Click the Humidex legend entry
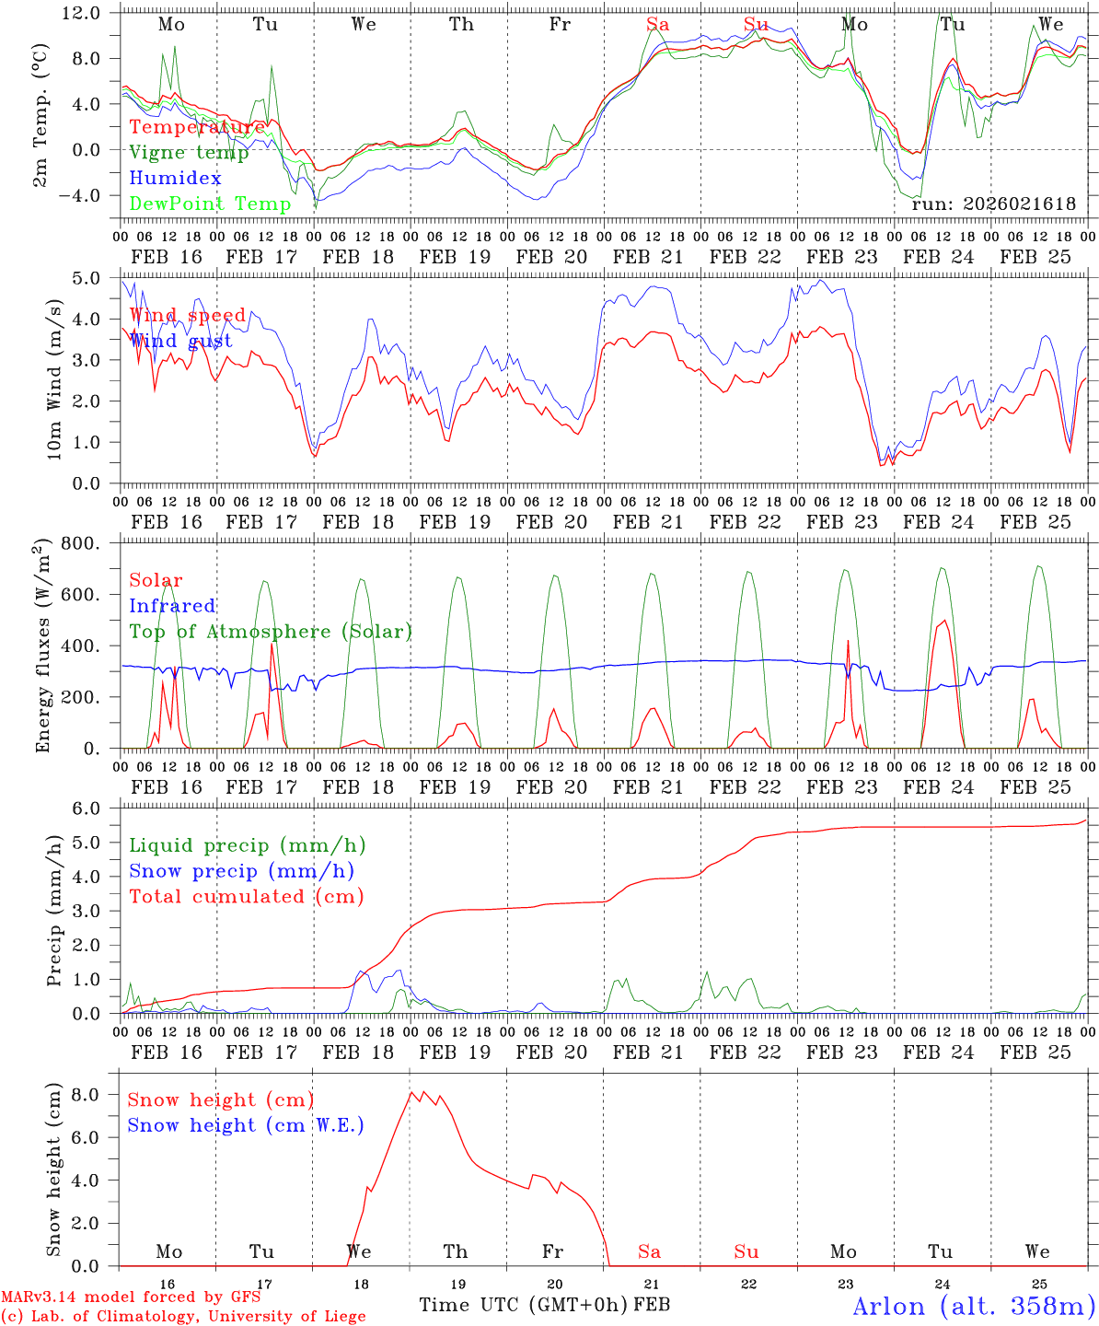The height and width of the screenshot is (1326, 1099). (x=175, y=179)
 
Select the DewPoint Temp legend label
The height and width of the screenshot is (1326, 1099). (x=210, y=204)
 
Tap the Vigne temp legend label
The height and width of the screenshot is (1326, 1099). (x=189, y=153)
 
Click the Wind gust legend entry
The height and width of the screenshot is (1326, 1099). (x=180, y=341)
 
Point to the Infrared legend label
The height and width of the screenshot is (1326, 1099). (x=172, y=606)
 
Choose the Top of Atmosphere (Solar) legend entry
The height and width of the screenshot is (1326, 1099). (x=271, y=632)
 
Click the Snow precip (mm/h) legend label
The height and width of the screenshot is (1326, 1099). (x=241, y=871)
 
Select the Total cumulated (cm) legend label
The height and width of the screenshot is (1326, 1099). (x=246, y=896)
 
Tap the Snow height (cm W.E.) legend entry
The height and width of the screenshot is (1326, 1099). (x=246, y=1125)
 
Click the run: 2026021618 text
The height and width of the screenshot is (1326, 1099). (x=993, y=204)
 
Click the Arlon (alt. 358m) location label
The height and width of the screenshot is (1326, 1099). (x=973, y=1306)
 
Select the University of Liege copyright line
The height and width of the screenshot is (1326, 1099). (x=183, y=1316)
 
